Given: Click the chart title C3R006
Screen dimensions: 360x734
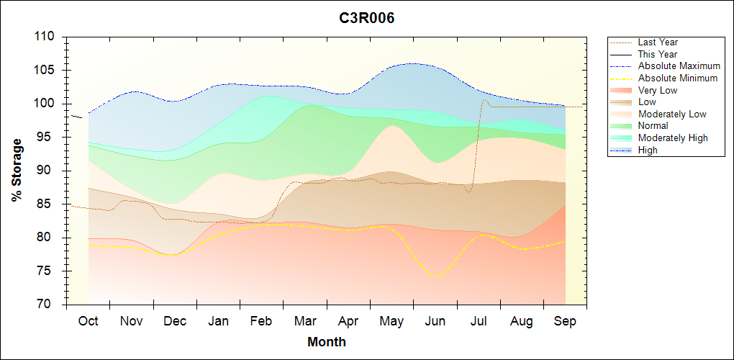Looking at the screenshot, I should coord(367,18).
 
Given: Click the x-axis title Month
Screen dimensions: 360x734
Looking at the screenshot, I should coord(327,342).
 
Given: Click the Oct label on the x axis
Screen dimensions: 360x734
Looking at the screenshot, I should coord(88,321).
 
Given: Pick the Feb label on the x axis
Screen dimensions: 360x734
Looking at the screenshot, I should coord(261,321).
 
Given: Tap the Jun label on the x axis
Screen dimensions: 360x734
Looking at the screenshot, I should coord(435,321).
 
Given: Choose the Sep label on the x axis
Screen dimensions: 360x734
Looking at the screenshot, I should coord(565,321).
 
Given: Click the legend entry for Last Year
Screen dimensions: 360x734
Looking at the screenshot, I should coord(658,42).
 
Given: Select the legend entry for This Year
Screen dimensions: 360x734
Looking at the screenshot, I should coord(657,54).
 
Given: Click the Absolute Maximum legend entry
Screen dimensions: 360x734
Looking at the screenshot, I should coord(679,66).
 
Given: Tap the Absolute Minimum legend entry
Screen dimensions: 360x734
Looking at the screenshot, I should coord(677,78).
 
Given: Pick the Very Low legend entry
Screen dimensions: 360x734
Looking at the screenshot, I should coord(658,90).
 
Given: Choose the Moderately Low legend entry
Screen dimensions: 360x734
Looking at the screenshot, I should coord(672,114).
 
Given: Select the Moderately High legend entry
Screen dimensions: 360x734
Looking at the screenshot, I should coord(673,138).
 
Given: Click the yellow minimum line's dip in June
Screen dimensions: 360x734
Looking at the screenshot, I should coord(435,275).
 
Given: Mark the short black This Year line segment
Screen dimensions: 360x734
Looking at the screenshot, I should coord(76,116).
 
